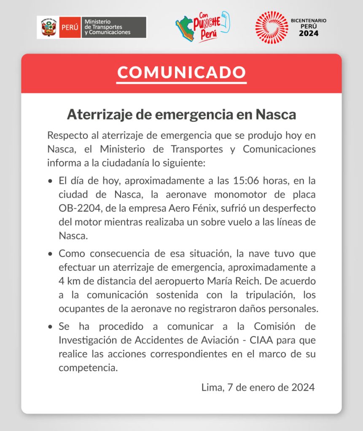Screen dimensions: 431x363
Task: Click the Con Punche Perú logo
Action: (202, 27)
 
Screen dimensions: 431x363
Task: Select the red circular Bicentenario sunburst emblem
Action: (271, 27)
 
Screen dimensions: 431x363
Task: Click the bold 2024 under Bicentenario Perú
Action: (309, 33)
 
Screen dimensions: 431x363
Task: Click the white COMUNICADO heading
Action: (181, 72)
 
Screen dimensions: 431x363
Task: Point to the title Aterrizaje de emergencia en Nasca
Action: (181, 114)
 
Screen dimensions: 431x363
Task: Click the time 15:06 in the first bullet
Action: (244, 181)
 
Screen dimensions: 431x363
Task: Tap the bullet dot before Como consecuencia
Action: (51, 254)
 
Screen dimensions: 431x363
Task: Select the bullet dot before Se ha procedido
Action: (51, 327)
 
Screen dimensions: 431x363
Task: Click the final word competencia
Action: (87, 368)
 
